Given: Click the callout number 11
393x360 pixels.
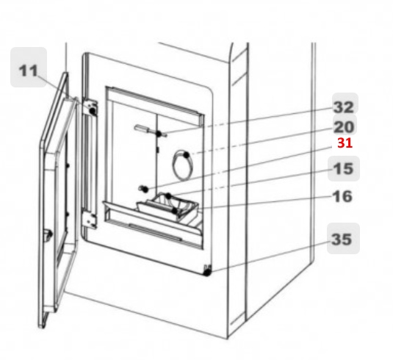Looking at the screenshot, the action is (29, 71).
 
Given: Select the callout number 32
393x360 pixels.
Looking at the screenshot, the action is (344, 107).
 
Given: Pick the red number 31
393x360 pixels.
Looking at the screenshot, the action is (345, 143).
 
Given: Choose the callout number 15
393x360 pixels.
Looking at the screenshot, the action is (343, 168).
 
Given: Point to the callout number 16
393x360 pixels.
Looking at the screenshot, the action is (342, 196).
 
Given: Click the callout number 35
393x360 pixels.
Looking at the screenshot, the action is (342, 239).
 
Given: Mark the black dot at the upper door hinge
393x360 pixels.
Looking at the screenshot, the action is (93, 110).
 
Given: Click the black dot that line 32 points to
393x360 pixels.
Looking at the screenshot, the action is (159, 134).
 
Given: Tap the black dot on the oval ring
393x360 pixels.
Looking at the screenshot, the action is (187, 155).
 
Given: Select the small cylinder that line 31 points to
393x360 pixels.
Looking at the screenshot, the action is (143, 189).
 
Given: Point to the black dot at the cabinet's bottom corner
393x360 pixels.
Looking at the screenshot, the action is (206, 273).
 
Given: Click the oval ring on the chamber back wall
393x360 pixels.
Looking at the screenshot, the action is (173, 165).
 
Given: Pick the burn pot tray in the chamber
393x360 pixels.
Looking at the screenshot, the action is (168, 208).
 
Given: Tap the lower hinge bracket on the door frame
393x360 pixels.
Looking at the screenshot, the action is (90, 220).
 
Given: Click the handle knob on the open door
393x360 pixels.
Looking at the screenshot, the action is (48, 235).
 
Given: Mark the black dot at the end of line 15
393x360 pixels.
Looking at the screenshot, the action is (169, 195).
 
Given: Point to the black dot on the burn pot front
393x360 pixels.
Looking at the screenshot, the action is (175, 211).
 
